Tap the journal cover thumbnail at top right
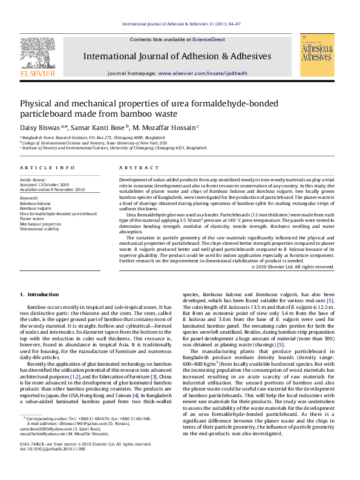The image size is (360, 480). pyautogui.click(x=317, y=55)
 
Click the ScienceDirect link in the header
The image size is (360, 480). pyautogui.click(x=209, y=39)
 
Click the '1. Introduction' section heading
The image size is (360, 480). pyautogui.click(x=39, y=294)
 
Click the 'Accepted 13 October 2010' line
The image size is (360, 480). pyautogui.click(x=44, y=185)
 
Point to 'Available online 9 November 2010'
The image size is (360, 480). pyautogui.click(x=52, y=190)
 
